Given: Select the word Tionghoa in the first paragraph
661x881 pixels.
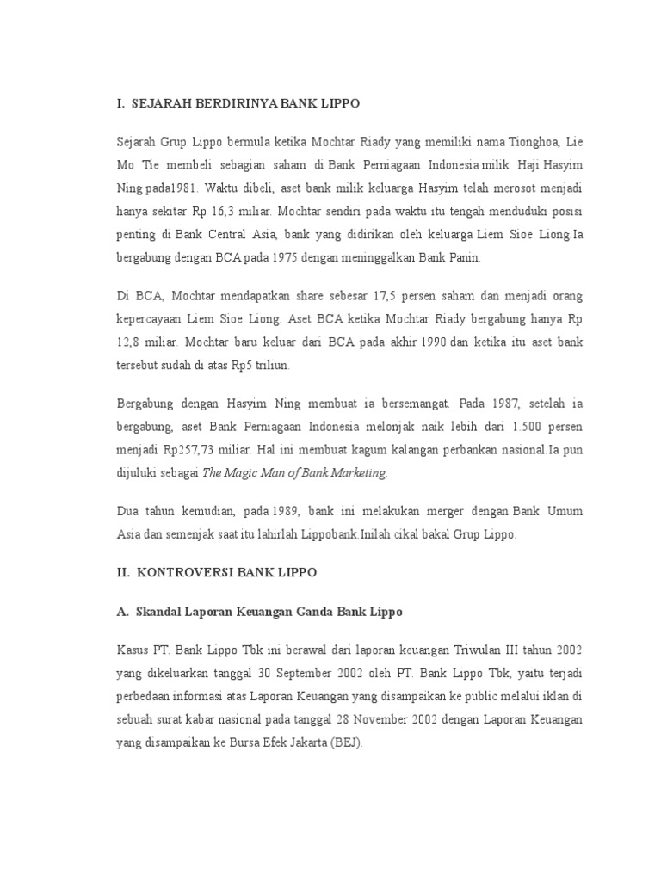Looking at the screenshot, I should (541, 140).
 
